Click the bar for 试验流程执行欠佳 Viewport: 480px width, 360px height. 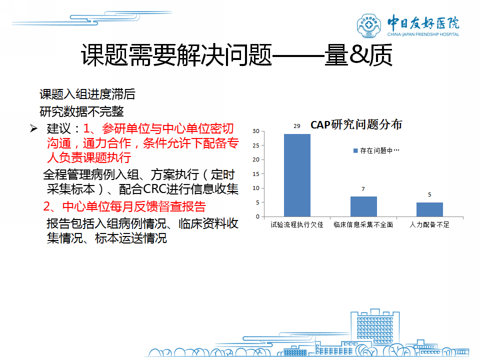[x=297, y=175]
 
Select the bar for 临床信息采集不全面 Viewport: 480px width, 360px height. [x=363, y=206]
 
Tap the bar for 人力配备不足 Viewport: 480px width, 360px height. [x=429, y=209]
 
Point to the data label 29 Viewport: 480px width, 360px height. [x=297, y=126]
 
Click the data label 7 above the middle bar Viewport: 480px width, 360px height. [x=363, y=189]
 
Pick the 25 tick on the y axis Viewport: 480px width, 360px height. [x=256, y=145]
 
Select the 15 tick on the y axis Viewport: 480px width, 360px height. [x=256, y=174]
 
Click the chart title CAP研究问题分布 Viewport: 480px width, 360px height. [x=356, y=124]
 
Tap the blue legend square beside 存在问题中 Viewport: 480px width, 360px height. [x=355, y=150]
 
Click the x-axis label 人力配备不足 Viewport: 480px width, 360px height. [x=429, y=224]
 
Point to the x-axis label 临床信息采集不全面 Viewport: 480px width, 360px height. [x=363, y=224]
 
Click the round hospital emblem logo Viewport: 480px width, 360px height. [x=369, y=25]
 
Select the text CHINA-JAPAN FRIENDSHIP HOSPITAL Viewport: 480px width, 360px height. [x=423, y=34]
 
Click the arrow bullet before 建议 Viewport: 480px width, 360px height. [x=33, y=128]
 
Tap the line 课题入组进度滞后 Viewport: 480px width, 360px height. [x=87, y=94]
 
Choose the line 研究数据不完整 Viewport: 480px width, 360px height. [x=81, y=111]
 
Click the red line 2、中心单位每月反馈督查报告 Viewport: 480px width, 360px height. [x=124, y=206]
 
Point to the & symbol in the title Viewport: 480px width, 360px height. [x=358, y=54]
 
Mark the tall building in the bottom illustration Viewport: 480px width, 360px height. [x=375, y=327]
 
